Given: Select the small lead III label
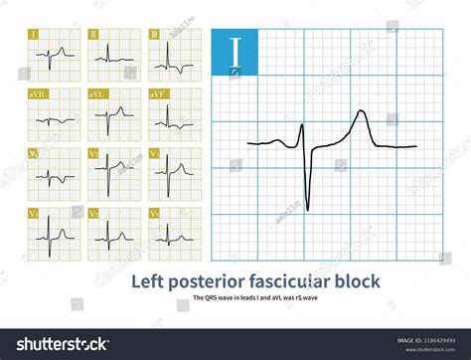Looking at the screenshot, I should [x=153, y=34].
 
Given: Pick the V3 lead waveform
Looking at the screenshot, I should [x=170, y=174].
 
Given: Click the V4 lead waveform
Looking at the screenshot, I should [x=51, y=236].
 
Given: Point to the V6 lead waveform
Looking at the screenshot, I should [x=170, y=236].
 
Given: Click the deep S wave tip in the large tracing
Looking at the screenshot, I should [x=308, y=209].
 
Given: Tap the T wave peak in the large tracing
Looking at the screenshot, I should [x=364, y=112].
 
